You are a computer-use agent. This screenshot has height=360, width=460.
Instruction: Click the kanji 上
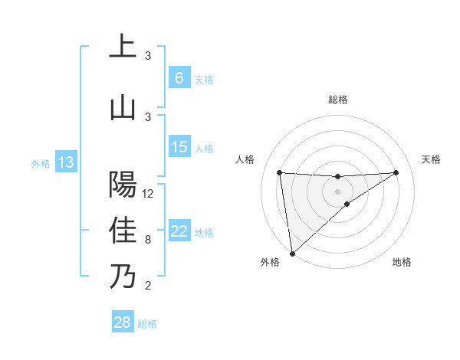(123, 47)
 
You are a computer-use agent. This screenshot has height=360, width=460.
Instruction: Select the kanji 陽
(123, 184)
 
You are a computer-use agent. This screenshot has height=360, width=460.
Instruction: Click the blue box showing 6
(179, 77)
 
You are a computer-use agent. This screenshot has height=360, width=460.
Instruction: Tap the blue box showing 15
(179, 146)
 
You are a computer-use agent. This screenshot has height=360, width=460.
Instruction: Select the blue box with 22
(179, 231)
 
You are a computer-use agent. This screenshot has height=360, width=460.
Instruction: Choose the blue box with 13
(65, 162)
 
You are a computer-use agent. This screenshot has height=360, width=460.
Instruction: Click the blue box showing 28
(123, 322)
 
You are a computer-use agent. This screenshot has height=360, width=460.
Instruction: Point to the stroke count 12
(149, 194)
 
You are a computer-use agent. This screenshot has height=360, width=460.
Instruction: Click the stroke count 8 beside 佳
(148, 240)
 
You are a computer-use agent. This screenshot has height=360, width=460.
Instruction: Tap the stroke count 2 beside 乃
(148, 286)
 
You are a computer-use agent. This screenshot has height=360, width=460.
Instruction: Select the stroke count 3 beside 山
(148, 116)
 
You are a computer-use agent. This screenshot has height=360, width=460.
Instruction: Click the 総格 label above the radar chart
(338, 100)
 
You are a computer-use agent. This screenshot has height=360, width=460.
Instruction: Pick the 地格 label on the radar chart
(402, 262)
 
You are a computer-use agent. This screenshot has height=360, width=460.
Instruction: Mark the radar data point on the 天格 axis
(396, 172)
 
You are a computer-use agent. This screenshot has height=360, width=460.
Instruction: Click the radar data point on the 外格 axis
(291, 254)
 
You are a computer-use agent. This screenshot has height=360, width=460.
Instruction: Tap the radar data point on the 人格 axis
(280, 172)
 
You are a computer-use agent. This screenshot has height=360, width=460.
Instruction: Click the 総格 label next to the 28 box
(147, 324)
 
